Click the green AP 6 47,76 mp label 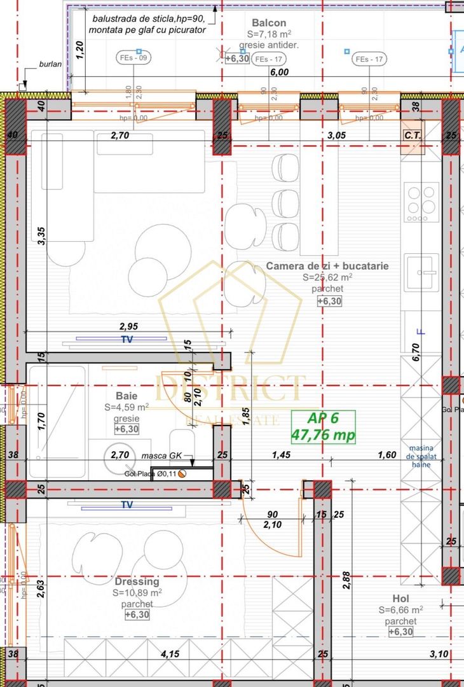323,427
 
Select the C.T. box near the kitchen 413,135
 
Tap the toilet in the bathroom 181,443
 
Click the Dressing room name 137,581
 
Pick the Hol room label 400,599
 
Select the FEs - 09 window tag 133,59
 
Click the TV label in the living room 127,340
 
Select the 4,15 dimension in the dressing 169,653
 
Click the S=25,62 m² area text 327,277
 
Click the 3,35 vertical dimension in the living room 41,239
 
